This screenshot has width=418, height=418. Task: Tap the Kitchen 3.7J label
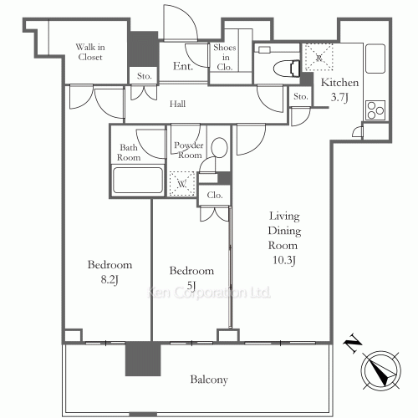341,90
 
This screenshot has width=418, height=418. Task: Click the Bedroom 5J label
191,278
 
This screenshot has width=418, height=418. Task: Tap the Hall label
177,104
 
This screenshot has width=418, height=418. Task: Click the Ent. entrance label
184,66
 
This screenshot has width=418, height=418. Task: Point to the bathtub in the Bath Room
138,181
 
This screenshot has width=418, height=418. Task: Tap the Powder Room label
188,150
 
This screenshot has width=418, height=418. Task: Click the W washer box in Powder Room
181,181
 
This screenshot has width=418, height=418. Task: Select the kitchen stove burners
374,110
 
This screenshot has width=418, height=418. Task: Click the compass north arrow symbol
382,368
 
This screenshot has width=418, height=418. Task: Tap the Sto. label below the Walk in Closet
144,76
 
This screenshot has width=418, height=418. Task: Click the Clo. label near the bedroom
214,196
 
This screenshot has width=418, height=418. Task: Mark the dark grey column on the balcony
138,359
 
